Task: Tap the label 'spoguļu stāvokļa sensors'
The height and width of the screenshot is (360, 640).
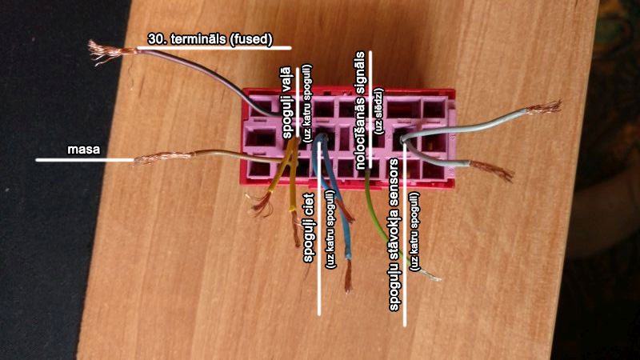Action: click(x=394, y=231)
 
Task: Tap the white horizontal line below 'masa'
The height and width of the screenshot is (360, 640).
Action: click(x=84, y=160)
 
